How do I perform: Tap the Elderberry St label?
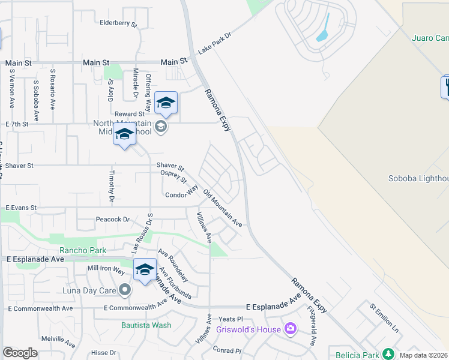tap(119, 23)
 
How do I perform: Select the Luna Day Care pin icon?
tap(125, 290)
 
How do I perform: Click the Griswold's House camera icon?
tap(291, 328)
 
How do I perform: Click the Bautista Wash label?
tap(146, 325)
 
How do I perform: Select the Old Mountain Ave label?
tap(223, 208)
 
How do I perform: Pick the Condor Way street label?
tap(181, 193)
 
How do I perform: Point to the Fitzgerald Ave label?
tap(313, 326)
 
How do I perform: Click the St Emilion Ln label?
tap(384, 318)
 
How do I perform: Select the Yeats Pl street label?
tap(230, 319)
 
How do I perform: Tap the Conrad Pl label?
tap(227, 350)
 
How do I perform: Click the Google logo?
tap(20, 353)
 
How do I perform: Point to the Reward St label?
tap(130, 113)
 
